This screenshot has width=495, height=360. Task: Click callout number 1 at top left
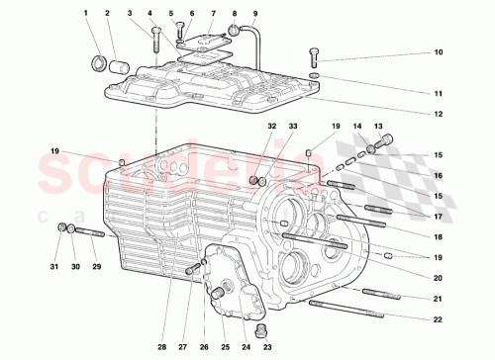[x=86, y=14]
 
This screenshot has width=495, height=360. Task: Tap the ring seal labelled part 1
[x=98, y=64]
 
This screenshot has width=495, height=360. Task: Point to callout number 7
[x=213, y=14]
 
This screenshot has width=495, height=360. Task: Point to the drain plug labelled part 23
[x=262, y=328]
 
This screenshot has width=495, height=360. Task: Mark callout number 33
[x=292, y=127]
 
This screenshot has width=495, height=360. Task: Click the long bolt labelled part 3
[x=156, y=41]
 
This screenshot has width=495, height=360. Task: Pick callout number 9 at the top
[x=254, y=14]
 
